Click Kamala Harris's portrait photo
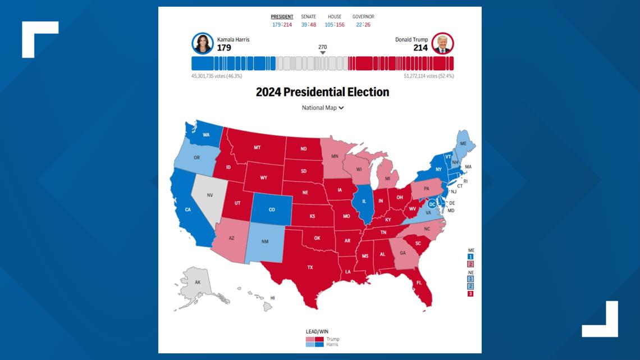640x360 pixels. [x=203, y=43]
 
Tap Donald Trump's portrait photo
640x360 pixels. [x=443, y=43]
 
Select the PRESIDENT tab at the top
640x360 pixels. [x=282, y=17]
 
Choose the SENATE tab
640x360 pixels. [x=308, y=17]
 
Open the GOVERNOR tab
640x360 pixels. [x=363, y=17]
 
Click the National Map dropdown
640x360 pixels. [x=322, y=108]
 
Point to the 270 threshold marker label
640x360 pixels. [x=322, y=47]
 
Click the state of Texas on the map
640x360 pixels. [x=310, y=267]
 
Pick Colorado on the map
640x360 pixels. [x=272, y=209]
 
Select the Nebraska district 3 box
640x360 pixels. [x=470, y=293]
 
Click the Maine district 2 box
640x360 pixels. [x=470, y=264]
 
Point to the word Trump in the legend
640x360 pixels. [x=332, y=339]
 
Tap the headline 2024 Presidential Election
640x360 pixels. [x=322, y=92]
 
